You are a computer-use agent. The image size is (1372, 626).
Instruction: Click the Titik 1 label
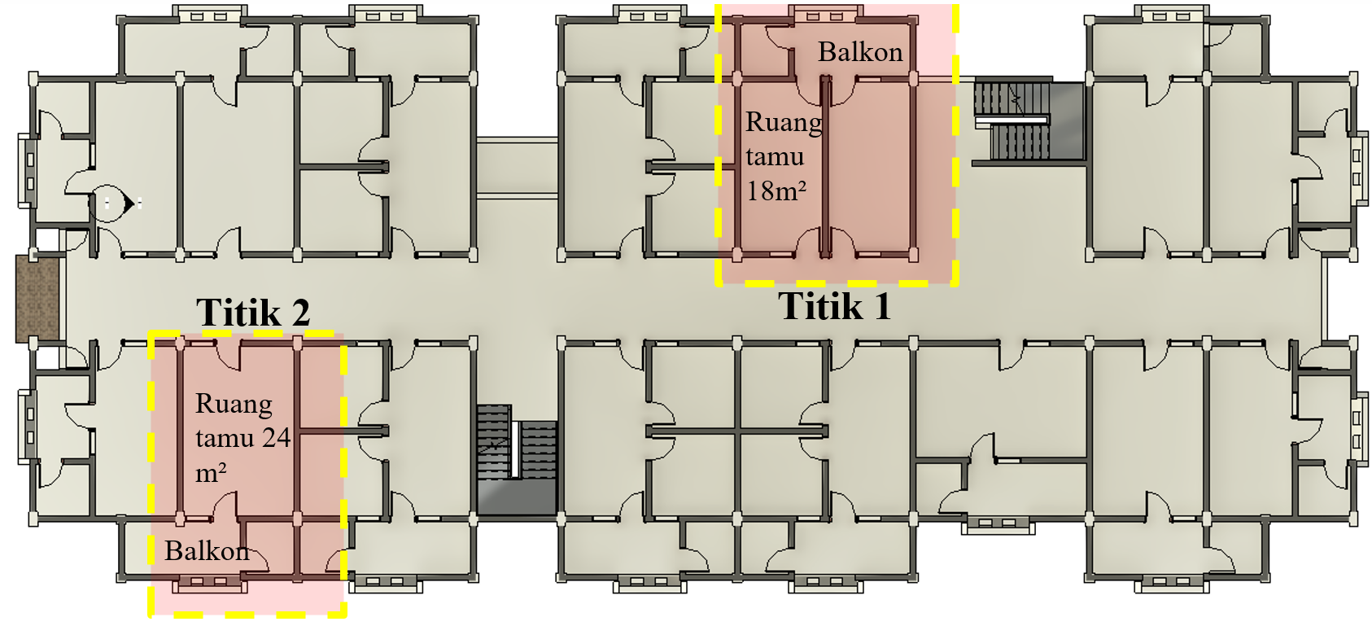(834, 305)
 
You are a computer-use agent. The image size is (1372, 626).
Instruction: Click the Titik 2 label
(253, 313)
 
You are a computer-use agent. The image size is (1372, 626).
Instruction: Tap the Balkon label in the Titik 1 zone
(861, 52)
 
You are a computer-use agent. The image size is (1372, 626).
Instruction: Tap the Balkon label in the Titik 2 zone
(207, 551)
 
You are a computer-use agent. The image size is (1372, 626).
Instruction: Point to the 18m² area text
(776, 191)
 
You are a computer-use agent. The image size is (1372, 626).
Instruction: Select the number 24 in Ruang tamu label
(276, 438)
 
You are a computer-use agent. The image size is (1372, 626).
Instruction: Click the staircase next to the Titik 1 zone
(1012, 121)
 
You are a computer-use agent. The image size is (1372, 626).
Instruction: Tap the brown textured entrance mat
(37, 298)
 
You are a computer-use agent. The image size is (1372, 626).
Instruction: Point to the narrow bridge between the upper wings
(517, 168)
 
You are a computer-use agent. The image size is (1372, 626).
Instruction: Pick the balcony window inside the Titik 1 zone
(824, 15)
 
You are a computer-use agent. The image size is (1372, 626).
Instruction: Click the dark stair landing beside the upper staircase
(1068, 121)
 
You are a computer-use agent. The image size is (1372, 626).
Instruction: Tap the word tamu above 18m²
(775, 157)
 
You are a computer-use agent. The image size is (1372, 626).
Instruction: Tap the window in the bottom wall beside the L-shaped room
(998, 525)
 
